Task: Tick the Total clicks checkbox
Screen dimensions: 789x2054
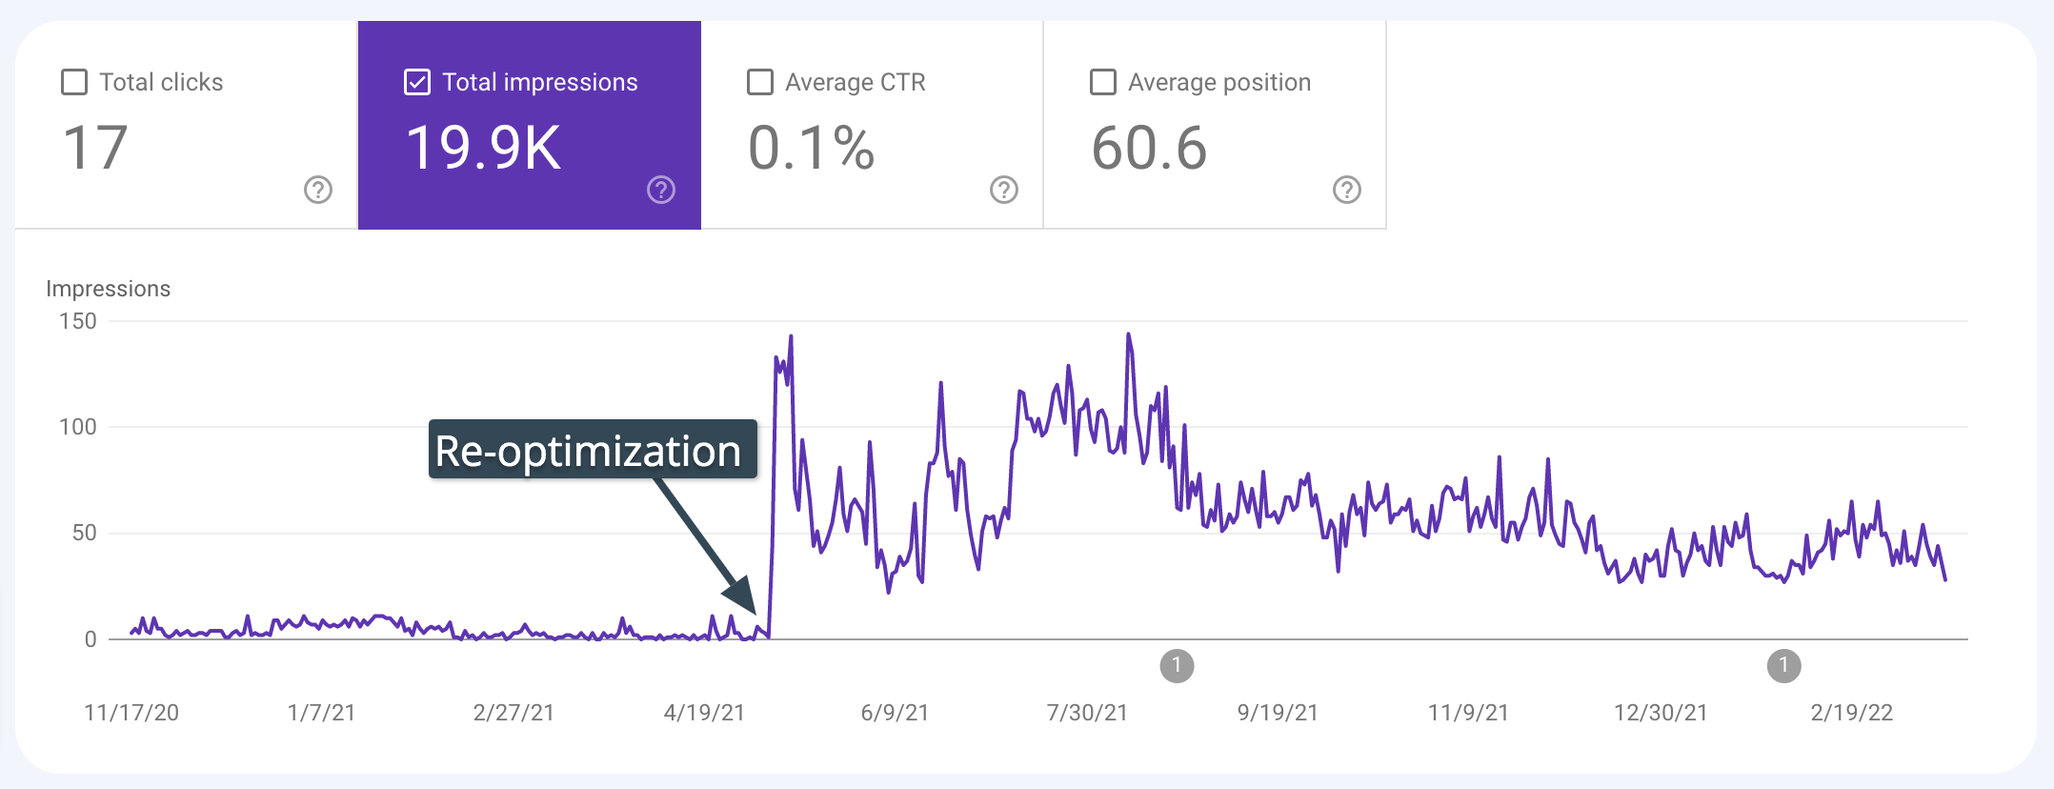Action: coord(74,82)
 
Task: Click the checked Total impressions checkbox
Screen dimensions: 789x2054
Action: coord(417,82)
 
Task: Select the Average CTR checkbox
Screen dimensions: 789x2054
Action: coord(760,82)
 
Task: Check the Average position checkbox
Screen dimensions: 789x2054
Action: coord(1103,82)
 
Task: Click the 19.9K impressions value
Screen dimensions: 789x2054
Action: coord(483,149)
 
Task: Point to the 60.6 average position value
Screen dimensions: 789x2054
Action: coord(1149,149)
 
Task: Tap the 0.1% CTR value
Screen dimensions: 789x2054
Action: coord(811,149)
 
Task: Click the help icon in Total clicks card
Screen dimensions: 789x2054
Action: coord(318,190)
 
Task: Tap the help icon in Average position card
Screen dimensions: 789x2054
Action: coord(1347,190)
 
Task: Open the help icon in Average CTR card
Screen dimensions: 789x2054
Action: coord(1004,190)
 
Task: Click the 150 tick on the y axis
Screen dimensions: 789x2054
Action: coord(78,321)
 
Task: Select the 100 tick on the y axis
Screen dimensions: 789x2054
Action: coord(78,427)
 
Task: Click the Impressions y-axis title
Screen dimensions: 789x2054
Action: coord(109,289)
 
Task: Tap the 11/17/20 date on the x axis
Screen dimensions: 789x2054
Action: coord(131,713)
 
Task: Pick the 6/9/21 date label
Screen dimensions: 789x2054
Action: coord(895,713)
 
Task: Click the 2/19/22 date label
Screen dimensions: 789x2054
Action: coord(1851,713)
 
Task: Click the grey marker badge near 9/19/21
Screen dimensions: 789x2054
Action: coord(1177,665)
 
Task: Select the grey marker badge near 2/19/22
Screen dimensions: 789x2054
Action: coord(1783,665)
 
